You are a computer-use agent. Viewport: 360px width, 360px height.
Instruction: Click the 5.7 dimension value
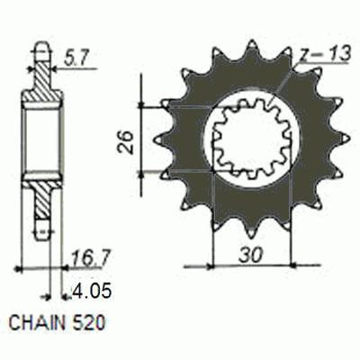tap(76, 59)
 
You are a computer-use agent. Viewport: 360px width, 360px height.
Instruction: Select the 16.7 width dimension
tap(88, 257)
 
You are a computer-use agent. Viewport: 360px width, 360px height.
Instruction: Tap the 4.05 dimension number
tap(92, 291)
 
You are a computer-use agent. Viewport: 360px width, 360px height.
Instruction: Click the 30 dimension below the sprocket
tap(251, 255)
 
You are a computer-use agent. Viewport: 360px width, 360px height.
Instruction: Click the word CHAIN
tap(37, 323)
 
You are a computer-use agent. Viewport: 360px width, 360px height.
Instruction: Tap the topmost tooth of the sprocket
tap(251, 49)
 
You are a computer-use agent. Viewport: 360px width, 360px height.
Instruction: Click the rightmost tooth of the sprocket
tap(343, 139)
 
